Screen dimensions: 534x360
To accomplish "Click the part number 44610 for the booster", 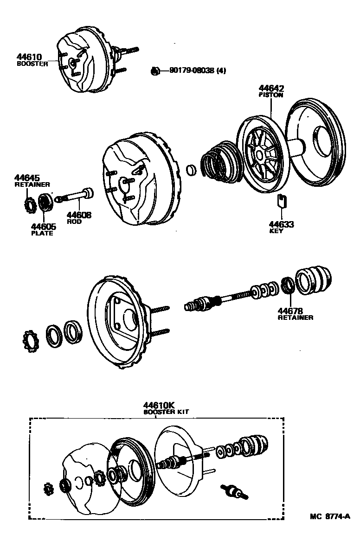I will point(29,57).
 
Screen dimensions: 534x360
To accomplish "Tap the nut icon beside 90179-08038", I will point(156,71).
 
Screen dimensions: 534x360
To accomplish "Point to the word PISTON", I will point(271,95).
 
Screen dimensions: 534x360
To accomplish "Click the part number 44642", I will point(271,88).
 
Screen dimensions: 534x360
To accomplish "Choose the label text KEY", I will point(276,231).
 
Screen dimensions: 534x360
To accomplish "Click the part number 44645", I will point(27,178).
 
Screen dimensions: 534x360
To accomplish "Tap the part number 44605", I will point(43,226).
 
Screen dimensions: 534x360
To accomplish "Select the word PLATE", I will point(42,233).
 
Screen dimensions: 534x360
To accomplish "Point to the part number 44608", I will point(79,215).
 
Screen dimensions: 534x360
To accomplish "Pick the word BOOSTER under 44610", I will point(32,64).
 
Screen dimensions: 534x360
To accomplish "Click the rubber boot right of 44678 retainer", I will point(314,281).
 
